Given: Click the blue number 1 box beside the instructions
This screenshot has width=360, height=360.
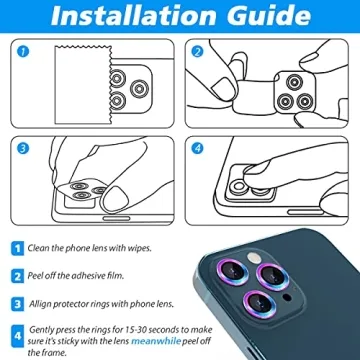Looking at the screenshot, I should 18,247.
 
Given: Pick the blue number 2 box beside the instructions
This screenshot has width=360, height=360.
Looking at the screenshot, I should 18,273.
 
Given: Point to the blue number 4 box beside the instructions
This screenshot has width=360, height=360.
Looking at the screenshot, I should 18,331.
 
